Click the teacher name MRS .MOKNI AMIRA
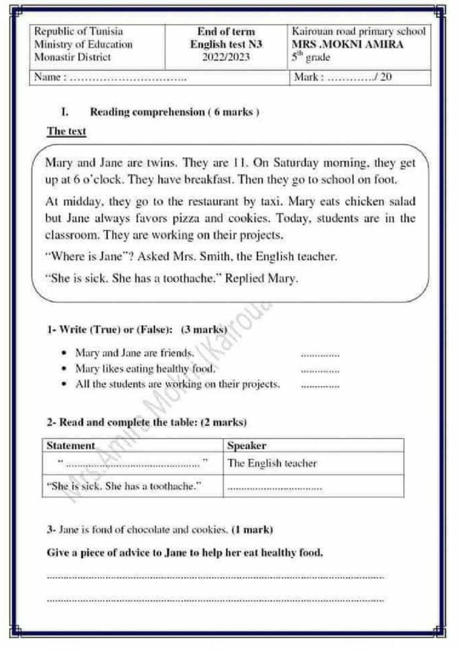(347, 44)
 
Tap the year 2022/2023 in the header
(226, 57)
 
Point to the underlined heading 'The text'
(66, 131)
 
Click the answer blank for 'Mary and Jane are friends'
(320, 354)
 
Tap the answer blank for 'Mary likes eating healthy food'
(320, 369)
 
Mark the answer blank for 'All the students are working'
(320, 385)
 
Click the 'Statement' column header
(71, 446)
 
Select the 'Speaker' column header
(247, 446)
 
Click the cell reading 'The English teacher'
(271, 463)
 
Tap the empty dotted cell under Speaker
(274, 487)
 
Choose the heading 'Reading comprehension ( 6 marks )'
(174, 112)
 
